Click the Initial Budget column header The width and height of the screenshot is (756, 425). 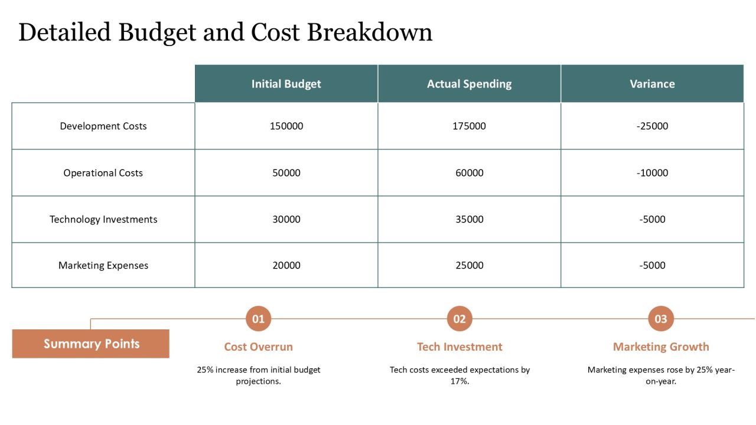(286, 84)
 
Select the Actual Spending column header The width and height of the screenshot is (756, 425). (469, 84)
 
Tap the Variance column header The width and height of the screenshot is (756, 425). (652, 84)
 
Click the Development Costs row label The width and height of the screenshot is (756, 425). (103, 126)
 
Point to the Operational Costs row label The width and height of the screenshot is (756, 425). (103, 173)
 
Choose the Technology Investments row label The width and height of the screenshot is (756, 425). (103, 219)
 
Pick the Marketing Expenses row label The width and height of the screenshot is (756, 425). (103, 266)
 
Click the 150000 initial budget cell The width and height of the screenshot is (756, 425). (286, 126)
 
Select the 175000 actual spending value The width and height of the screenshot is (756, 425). (469, 126)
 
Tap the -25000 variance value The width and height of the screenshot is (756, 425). (652, 126)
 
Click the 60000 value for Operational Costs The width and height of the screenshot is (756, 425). (469, 173)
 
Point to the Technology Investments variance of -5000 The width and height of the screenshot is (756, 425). (652, 219)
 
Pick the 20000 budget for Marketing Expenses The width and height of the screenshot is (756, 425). (286, 266)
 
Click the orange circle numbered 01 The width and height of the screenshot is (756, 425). (258, 319)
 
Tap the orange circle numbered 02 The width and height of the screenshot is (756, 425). (460, 319)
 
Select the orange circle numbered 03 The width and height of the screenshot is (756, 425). (661, 319)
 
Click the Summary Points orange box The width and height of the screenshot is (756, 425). (91, 344)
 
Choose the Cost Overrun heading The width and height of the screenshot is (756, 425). (258, 346)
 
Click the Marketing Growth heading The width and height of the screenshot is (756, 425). (661, 346)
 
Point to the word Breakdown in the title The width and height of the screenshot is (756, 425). (370, 32)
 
